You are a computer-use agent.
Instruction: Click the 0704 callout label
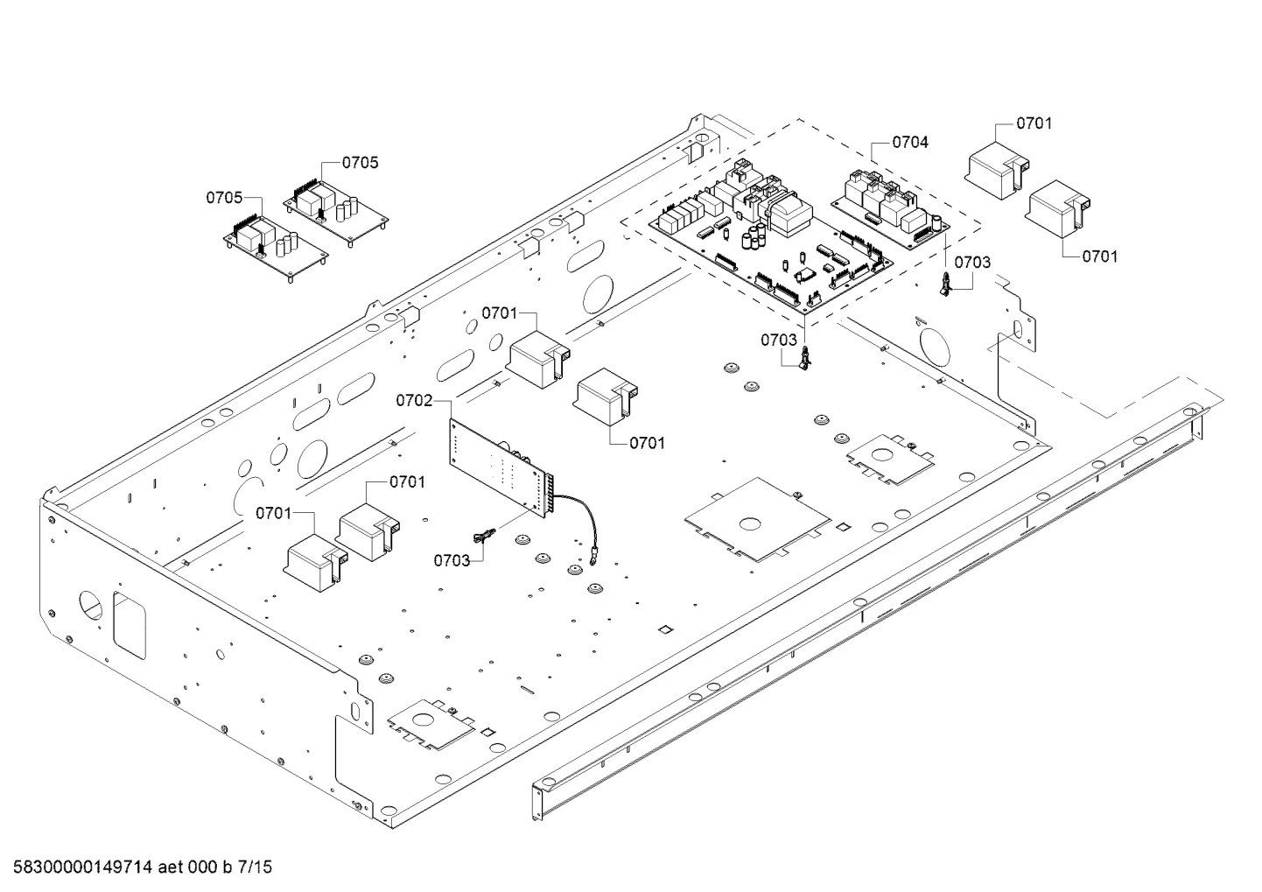click(x=910, y=143)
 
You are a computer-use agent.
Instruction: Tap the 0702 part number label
click(x=414, y=401)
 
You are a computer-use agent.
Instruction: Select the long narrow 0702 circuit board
click(x=501, y=466)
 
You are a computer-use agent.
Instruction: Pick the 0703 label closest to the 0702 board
click(x=452, y=560)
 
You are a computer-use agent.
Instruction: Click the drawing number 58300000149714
click(x=83, y=867)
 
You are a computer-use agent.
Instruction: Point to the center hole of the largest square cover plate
click(x=750, y=524)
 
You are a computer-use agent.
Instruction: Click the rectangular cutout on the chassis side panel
click(x=130, y=625)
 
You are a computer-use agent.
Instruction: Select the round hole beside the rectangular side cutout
click(x=91, y=605)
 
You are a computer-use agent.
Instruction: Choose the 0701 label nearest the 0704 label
click(x=1034, y=123)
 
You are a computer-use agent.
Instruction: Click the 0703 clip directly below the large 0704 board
click(x=806, y=357)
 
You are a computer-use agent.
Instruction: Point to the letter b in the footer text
click(x=228, y=867)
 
